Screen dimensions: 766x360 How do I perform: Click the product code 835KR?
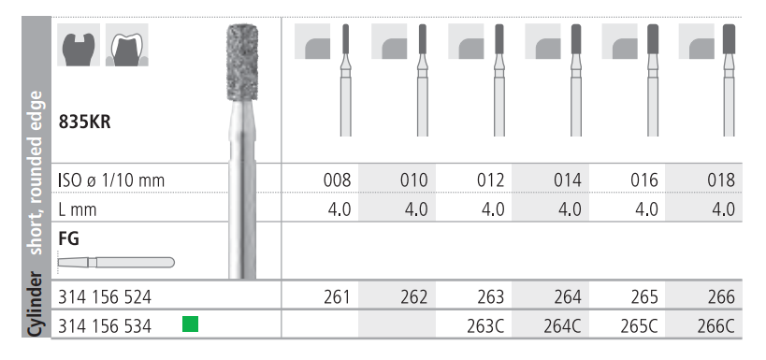84,122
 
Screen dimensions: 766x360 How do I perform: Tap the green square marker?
190,324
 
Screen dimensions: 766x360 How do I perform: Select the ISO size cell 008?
337,180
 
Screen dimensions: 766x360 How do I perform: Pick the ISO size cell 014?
568,180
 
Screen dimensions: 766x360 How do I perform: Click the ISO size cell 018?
721,180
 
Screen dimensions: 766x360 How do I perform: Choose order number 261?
337,297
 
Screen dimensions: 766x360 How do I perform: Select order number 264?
568,297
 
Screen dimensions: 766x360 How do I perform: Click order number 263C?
486,326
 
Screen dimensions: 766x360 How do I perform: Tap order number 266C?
716,326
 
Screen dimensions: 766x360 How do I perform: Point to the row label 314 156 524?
105,297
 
